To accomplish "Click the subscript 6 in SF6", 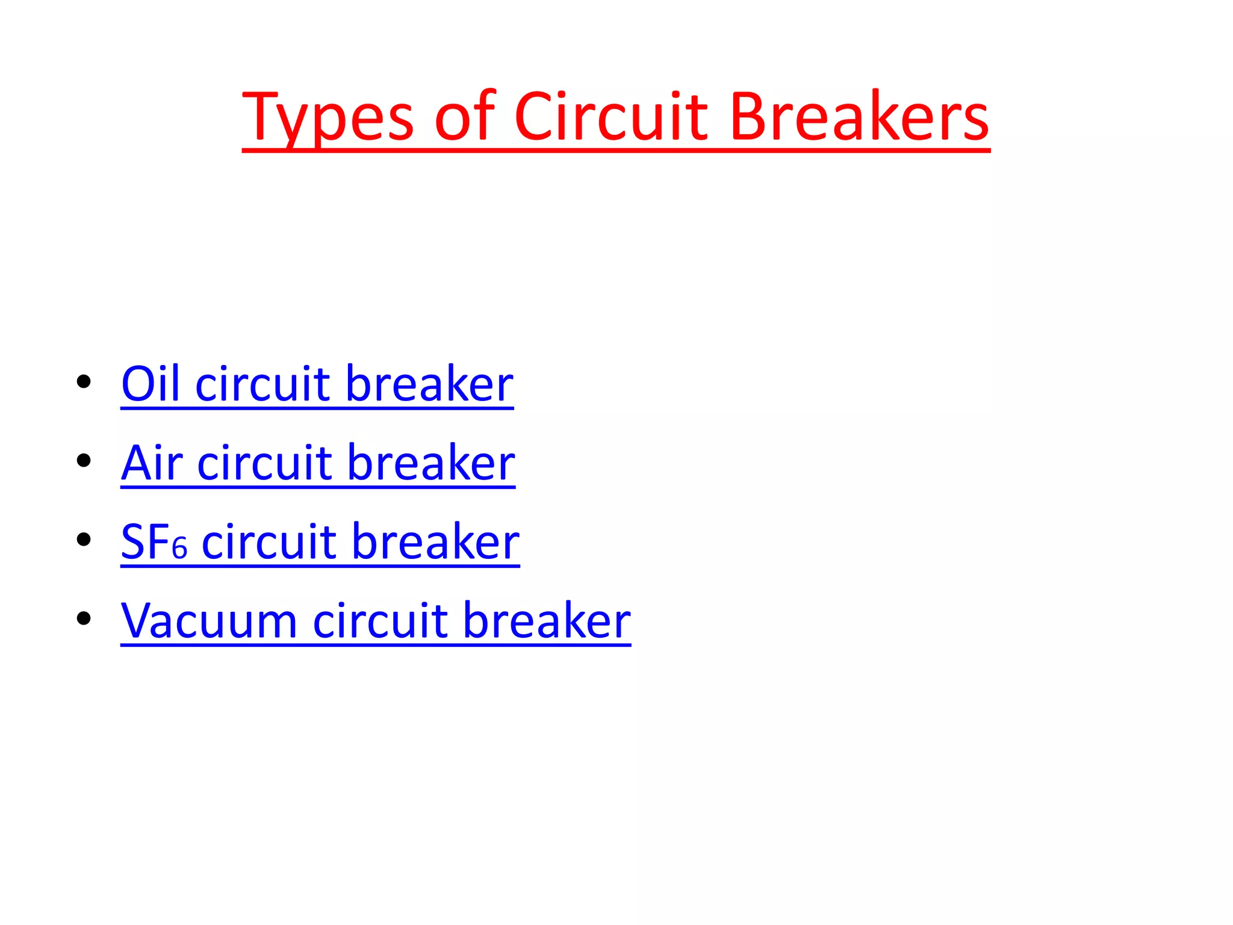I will [x=179, y=549].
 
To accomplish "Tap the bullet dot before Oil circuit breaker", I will [x=84, y=382].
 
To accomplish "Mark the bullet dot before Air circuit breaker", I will [x=84, y=461].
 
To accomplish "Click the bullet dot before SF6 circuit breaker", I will [x=84, y=540].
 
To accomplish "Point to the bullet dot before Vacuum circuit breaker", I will [x=84, y=618].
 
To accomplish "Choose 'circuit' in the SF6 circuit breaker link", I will [x=269, y=541].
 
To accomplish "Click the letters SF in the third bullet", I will [x=145, y=541].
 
